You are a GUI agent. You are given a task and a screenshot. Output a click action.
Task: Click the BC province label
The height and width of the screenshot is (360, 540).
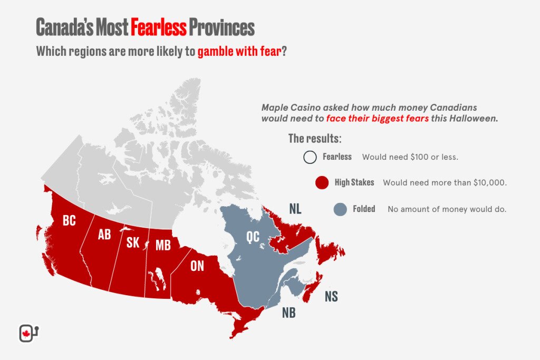[69, 221]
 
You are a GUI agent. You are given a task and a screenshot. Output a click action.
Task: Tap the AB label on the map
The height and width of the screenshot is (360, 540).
[104, 235]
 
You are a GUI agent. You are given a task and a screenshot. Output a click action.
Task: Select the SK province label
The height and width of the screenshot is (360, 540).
[133, 243]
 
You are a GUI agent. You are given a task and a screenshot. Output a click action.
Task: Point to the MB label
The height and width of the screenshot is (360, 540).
[163, 245]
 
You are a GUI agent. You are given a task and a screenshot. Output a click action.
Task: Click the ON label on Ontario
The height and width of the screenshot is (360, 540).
[197, 266]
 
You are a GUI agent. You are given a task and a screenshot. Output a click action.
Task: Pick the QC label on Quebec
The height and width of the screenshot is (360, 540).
[253, 237]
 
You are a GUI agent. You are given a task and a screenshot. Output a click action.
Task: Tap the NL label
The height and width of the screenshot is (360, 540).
[295, 209]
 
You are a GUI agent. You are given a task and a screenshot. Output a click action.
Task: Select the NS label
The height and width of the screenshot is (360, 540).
[331, 296]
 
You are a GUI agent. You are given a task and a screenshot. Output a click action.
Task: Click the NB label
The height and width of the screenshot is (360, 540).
[288, 313]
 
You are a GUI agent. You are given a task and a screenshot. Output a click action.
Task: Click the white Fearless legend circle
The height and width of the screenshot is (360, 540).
[310, 157]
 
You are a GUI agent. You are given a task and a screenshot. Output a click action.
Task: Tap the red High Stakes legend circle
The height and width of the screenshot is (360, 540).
[322, 183]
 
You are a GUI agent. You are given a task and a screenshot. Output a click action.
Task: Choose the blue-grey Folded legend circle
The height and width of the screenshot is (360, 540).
[340, 209]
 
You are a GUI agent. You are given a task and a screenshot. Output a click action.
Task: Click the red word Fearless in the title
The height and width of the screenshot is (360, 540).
[158, 27]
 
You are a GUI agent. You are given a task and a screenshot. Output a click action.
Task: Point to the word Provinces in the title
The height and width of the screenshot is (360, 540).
[221, 27]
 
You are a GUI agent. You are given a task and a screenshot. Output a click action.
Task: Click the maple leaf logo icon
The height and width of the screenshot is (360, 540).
[25, 333]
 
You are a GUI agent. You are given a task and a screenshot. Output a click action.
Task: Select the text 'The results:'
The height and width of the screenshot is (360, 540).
[314, 139]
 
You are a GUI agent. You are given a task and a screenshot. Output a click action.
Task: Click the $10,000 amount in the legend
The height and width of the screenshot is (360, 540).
[488, 183]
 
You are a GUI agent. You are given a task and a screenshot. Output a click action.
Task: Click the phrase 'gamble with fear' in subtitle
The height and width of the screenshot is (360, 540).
[239, 53]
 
